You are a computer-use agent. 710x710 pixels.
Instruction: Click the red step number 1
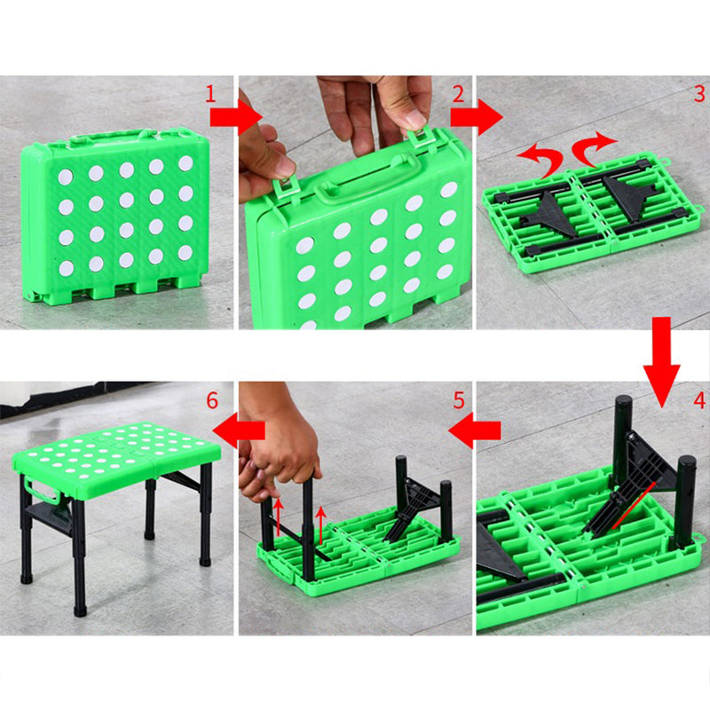point(210,94)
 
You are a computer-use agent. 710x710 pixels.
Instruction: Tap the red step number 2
point(458,94)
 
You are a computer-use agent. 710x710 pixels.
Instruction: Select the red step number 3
point(699,94)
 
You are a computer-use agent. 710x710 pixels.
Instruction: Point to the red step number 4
point(699,400)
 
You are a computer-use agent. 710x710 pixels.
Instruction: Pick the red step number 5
point(459,401)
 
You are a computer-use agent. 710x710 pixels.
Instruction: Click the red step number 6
point(212,401)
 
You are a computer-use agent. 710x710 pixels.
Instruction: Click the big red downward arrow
point(661,361)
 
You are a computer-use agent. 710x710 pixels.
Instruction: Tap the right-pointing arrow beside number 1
point(236,117)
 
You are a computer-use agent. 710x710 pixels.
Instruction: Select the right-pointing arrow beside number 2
point(477,117)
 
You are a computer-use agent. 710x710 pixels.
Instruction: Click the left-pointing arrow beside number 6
point(239,430)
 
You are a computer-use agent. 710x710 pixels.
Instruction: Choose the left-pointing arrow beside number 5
point(475,430)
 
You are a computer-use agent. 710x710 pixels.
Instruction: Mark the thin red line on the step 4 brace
point(634,505)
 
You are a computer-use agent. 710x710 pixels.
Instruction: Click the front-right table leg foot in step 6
point(80,610)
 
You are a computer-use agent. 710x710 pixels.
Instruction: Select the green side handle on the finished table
point(42,490)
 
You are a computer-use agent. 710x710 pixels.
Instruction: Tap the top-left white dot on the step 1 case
point(66,177)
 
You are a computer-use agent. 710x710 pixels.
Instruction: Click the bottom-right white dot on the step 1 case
point(185,253)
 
